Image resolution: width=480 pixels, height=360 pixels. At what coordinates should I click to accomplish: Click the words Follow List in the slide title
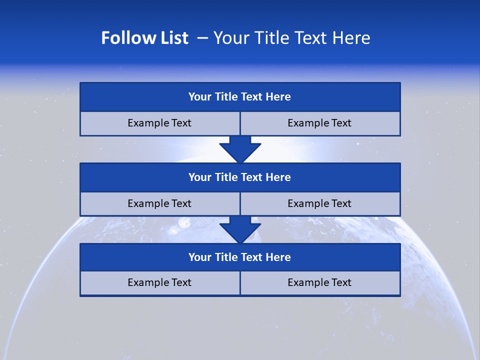coord(144,38)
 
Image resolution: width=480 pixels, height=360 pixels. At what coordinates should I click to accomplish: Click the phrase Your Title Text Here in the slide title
coord(291,38)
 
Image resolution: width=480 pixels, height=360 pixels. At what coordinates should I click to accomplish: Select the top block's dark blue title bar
coord(240,97)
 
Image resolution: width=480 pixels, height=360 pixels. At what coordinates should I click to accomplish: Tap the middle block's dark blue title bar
coord(240,177)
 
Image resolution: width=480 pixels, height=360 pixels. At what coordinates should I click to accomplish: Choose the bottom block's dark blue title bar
coord(240,257)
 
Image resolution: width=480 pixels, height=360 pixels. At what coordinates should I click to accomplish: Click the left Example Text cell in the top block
coord(159,123)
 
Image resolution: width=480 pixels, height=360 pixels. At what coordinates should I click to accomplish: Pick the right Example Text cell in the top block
coord(319,123)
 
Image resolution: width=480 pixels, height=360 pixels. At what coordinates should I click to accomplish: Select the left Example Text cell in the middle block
coord(159,204)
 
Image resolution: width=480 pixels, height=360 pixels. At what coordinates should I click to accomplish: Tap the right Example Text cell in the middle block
coord(319,204)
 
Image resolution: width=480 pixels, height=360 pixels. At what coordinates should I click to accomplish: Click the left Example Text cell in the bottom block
coord(159,283)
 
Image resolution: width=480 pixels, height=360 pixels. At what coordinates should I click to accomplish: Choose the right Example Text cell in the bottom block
coord(319,283)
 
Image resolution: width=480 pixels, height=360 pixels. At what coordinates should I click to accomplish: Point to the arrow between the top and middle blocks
coord(240,149)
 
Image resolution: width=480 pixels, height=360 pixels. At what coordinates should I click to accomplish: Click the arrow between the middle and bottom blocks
coord(240,230)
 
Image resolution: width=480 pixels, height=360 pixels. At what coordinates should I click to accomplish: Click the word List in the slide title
coord(172,38)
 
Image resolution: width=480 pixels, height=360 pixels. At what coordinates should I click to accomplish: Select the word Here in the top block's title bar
coord(278,97)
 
